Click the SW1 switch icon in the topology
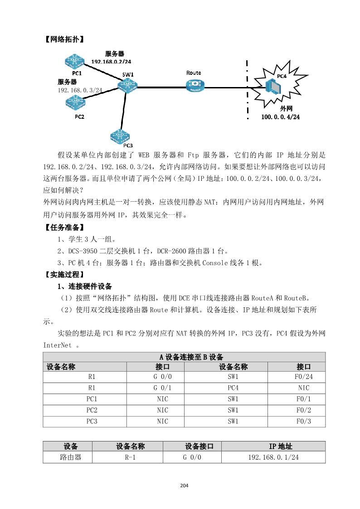tap(128, 85)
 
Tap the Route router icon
tap(195, 84)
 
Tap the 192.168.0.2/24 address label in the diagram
tap(111, 61)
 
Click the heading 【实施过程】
tap(63, 275)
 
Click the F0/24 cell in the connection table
tap(303, 377)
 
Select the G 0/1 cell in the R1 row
tap(162, 388)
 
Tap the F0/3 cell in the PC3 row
tap(303, 422)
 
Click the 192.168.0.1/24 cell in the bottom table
tap(273, 457)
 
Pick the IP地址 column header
tap(273, 446)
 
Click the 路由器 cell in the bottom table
tap(71, 457)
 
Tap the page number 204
tap(184, 486)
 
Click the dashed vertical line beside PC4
tap(248, 91)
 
